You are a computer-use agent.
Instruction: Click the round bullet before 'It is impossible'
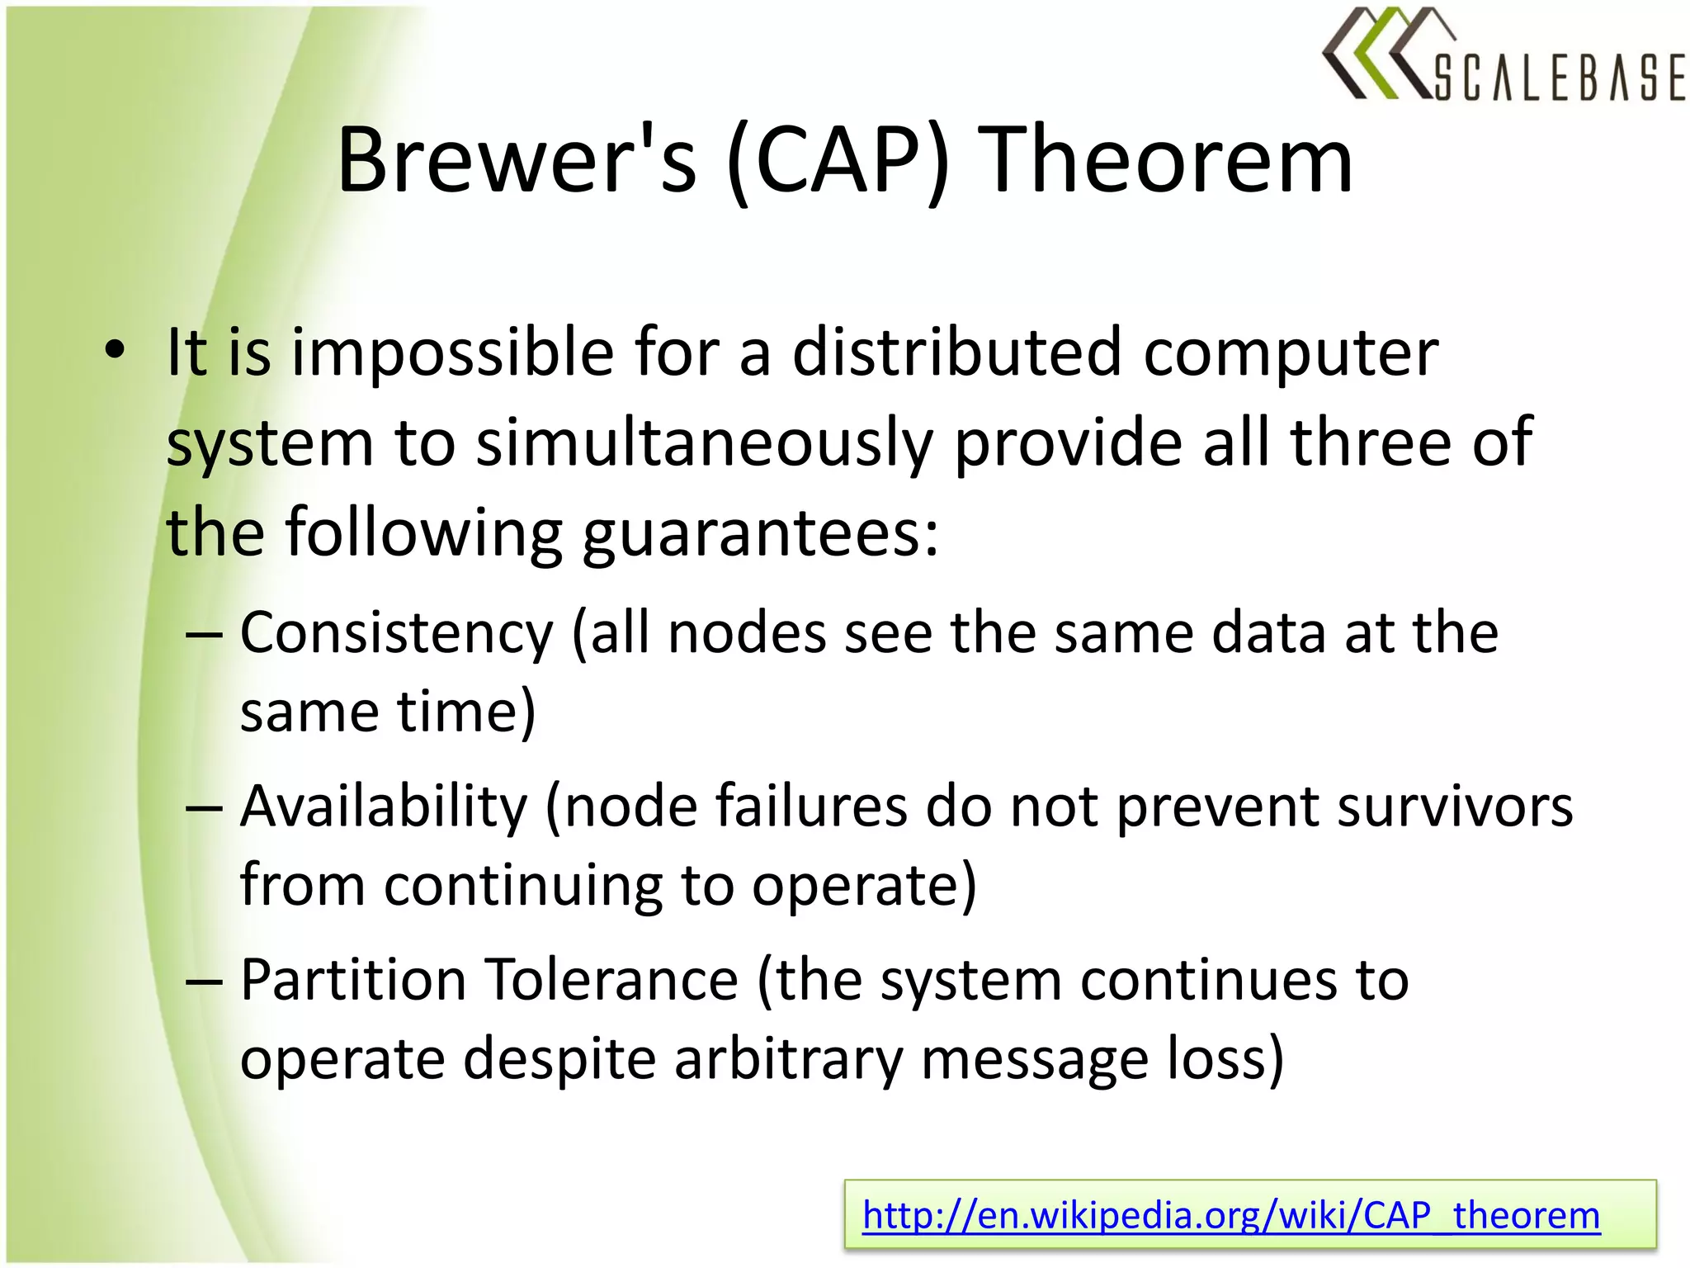tap(115, 350)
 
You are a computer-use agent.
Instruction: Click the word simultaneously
tap(705, 443)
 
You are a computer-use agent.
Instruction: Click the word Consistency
tap(396, 634)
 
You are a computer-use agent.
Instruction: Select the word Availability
tap(383, 807)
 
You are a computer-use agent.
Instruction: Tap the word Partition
tap(353, 980)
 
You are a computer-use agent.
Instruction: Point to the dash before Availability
tap(204, 808)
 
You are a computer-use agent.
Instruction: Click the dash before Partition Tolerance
tap(204, 982)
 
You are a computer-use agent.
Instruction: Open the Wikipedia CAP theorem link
tap(1230, 1215)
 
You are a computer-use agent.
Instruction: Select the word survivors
tap(1455, 807)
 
